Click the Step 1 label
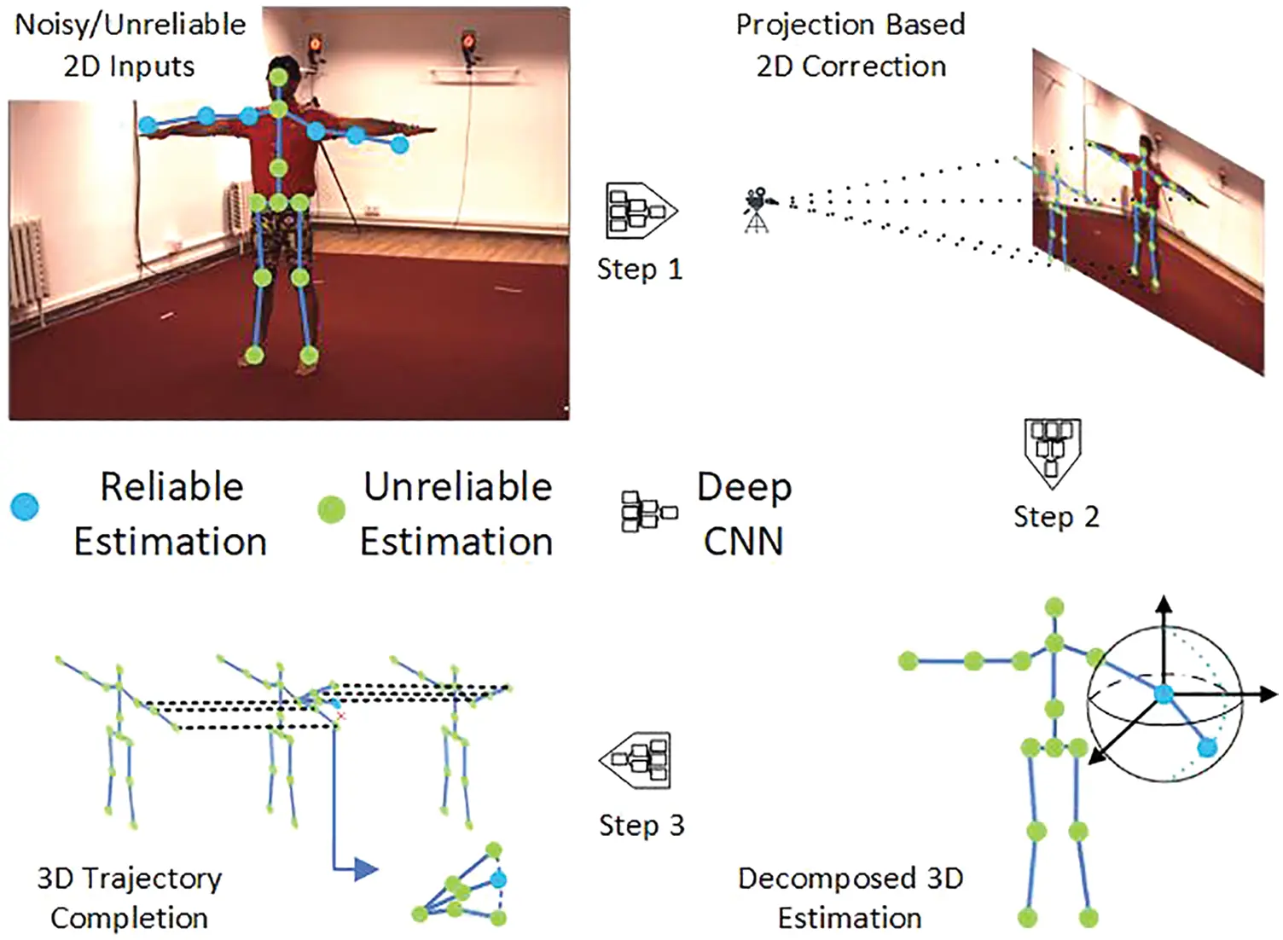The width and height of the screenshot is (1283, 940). click(639, 270)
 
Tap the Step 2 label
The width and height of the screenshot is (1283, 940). click(1055, 517)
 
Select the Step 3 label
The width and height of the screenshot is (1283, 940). click(641, 826)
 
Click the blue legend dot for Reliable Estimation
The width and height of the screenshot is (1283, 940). click(25, 507)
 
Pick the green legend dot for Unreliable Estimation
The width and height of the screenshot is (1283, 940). click(331, 509)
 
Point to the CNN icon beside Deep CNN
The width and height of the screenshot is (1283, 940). click(648, 512)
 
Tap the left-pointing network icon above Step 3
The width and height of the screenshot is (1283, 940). click(636, 759)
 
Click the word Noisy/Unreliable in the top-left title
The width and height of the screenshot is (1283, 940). click(130, 25)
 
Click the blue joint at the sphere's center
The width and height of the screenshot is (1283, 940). click(1164, 694)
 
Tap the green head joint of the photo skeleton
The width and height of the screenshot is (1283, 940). click(278, 78)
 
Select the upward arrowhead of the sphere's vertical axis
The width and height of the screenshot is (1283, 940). click(1164, 604)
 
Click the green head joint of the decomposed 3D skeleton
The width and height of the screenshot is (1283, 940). click(1055, 607)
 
